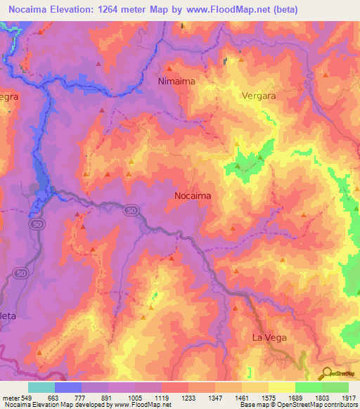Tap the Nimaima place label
[x=175, y=82]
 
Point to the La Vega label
[x=269, y=338]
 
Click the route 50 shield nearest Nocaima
[x=131, y=210]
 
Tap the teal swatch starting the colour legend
[x=41, y=387]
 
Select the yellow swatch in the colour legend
[x=281, y=387]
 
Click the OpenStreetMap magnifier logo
[x=325, y=373]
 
